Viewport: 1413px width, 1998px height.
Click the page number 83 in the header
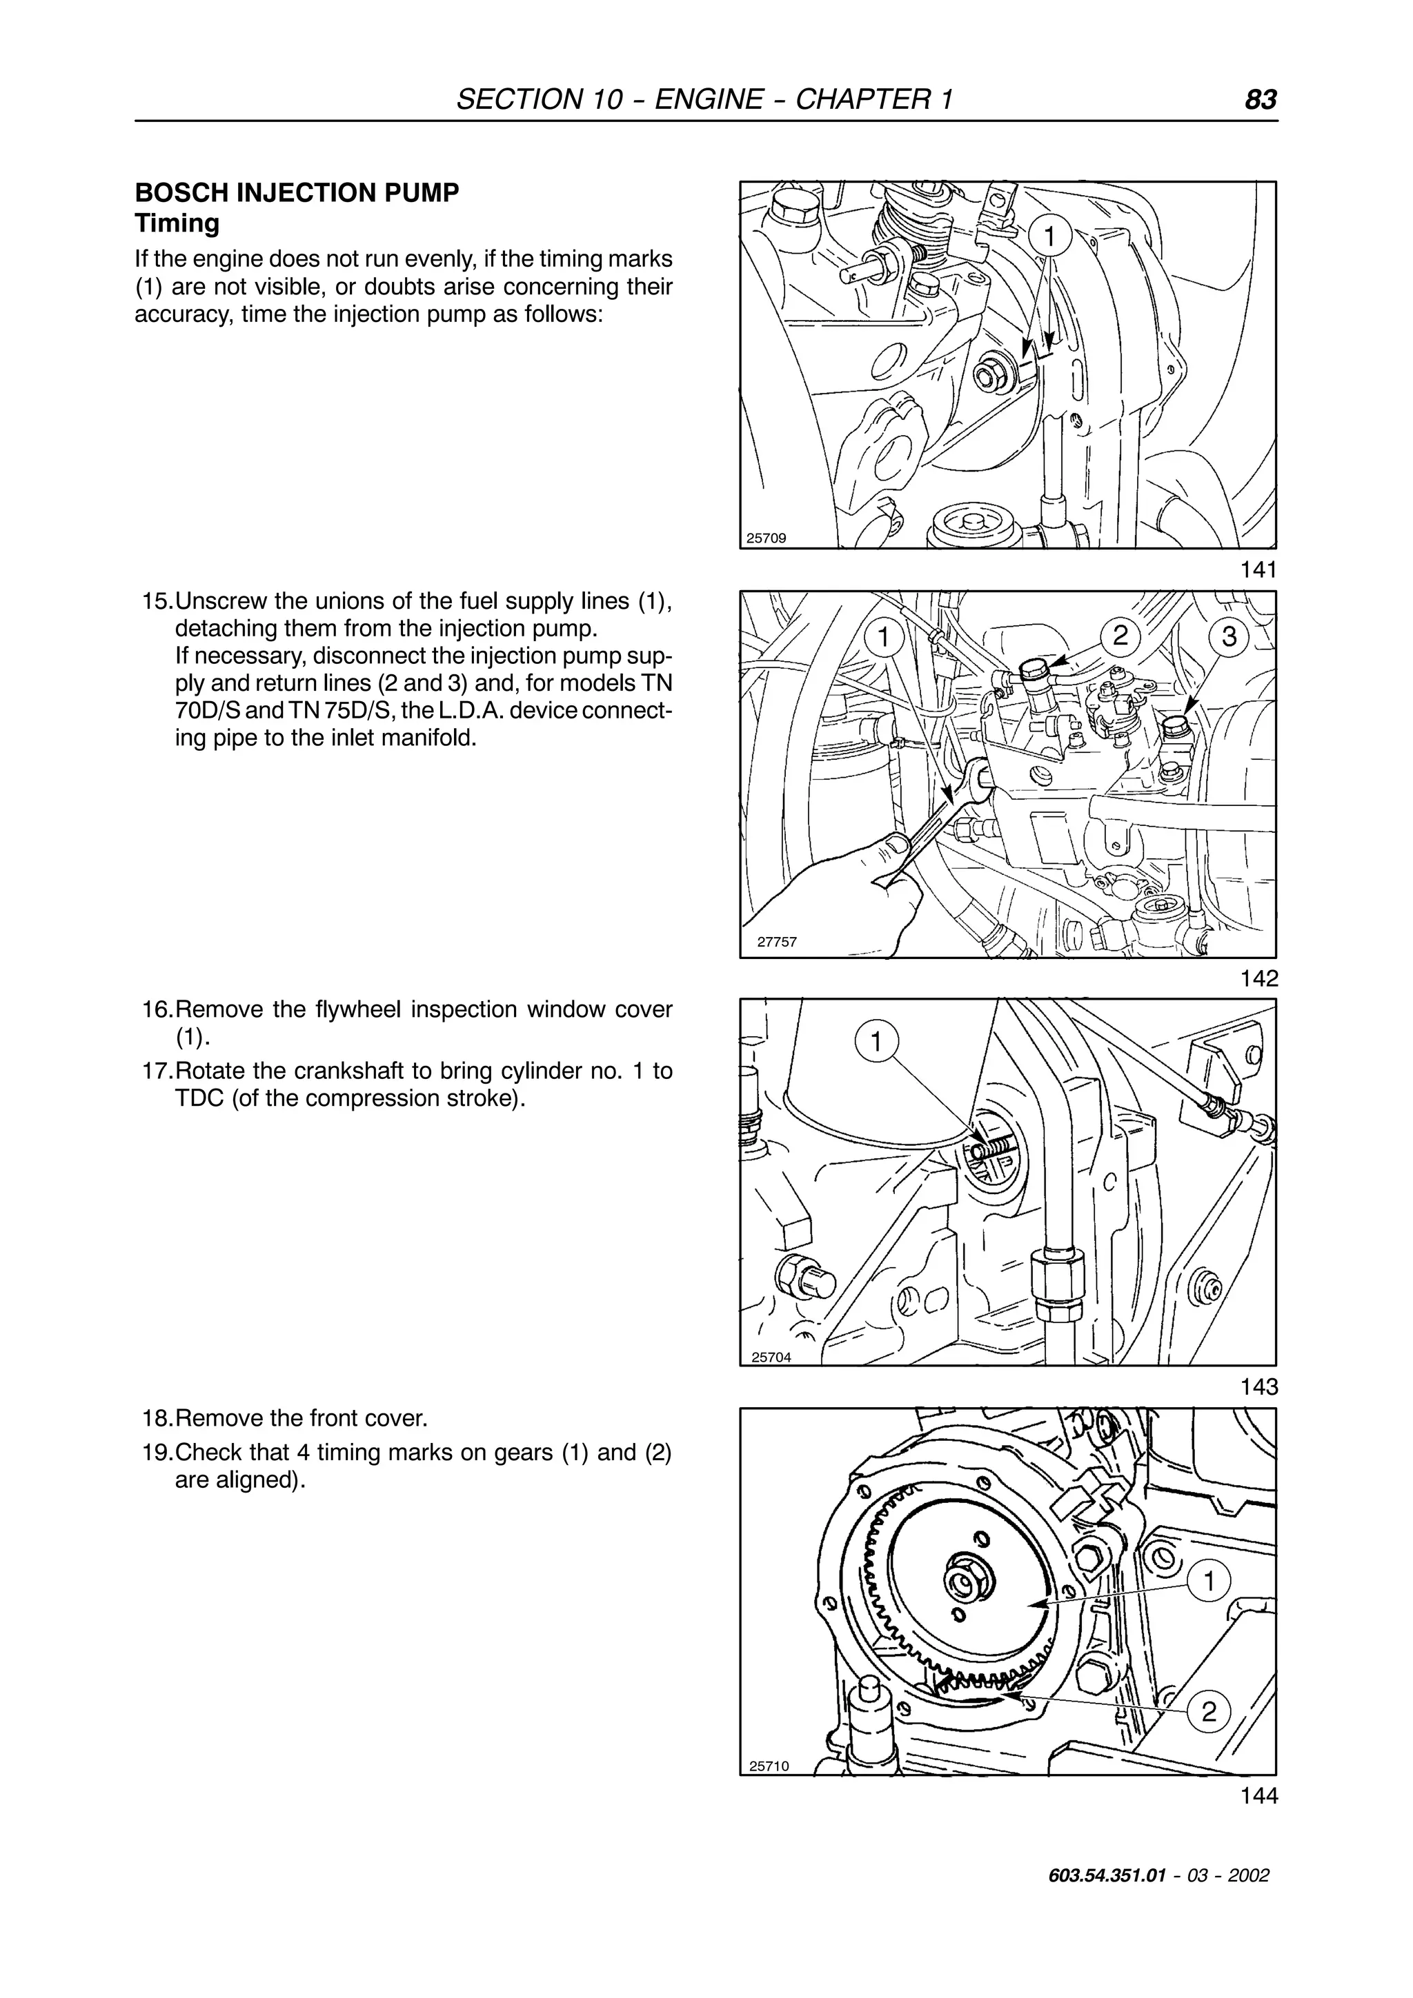1261,99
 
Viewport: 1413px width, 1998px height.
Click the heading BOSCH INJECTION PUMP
297,193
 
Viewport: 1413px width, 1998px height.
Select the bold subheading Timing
177,223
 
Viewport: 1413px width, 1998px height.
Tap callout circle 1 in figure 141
1050,236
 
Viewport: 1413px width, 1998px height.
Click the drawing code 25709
766,538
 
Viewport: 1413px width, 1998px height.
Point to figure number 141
1259,570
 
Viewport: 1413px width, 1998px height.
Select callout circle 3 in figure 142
1228,637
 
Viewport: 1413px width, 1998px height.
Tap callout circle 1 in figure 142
884,637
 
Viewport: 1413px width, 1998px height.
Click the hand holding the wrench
836,896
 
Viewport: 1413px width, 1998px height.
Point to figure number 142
1259,978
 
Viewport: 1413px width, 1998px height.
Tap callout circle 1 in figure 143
877,1042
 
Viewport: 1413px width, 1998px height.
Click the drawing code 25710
769,1766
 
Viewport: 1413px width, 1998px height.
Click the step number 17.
157,1071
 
